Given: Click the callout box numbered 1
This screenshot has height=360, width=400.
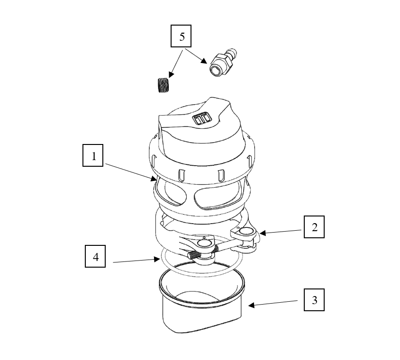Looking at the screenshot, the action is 93,155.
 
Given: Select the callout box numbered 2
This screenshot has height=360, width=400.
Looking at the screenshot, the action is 314,227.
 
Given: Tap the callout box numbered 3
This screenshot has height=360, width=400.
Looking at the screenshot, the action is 314,300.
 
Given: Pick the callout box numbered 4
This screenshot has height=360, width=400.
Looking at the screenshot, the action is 95,256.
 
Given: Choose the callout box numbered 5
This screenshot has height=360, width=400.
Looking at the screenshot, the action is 181,36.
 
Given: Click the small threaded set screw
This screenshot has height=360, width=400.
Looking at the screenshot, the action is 163,85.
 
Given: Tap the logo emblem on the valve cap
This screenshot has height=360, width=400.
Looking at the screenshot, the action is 202,118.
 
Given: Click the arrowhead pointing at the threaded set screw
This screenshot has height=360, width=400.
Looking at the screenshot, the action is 171,74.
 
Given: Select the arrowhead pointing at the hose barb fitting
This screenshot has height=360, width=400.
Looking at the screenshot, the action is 204,61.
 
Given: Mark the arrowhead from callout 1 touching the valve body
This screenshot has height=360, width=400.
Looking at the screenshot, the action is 154,179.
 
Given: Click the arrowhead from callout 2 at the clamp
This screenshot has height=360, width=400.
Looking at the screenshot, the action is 263,233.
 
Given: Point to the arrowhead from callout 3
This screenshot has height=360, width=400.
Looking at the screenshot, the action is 251,305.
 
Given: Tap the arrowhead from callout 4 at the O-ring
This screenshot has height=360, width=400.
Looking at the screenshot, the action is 157,259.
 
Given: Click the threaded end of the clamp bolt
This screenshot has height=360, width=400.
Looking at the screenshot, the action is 194,254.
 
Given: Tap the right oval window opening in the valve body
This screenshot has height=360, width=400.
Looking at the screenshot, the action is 217,198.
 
